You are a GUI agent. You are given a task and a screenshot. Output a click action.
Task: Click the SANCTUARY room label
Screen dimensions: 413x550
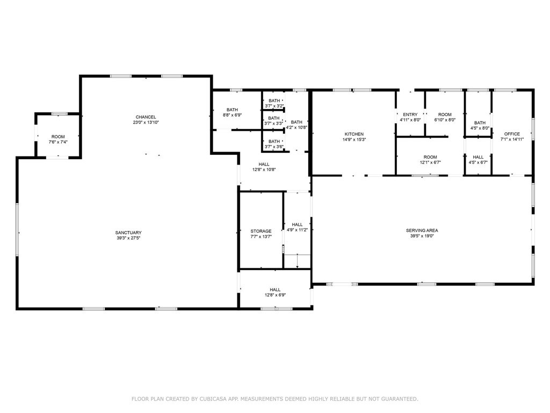click(128, 232)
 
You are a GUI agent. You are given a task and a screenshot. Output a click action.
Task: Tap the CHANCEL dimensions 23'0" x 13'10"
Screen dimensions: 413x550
click(146, 123)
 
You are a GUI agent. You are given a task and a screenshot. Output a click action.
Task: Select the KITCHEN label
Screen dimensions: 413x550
click(354, 134)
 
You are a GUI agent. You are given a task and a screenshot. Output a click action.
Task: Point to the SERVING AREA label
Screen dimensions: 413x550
click(422, 230)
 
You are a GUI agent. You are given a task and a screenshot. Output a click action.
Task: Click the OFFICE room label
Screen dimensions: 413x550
click(511, 134)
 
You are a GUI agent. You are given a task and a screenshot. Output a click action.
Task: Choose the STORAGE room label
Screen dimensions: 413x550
click(260, 231)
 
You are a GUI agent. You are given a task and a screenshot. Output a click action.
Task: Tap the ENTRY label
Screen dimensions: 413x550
click(410, 115)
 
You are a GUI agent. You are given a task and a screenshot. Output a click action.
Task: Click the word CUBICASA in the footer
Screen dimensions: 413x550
click(212, 399)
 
